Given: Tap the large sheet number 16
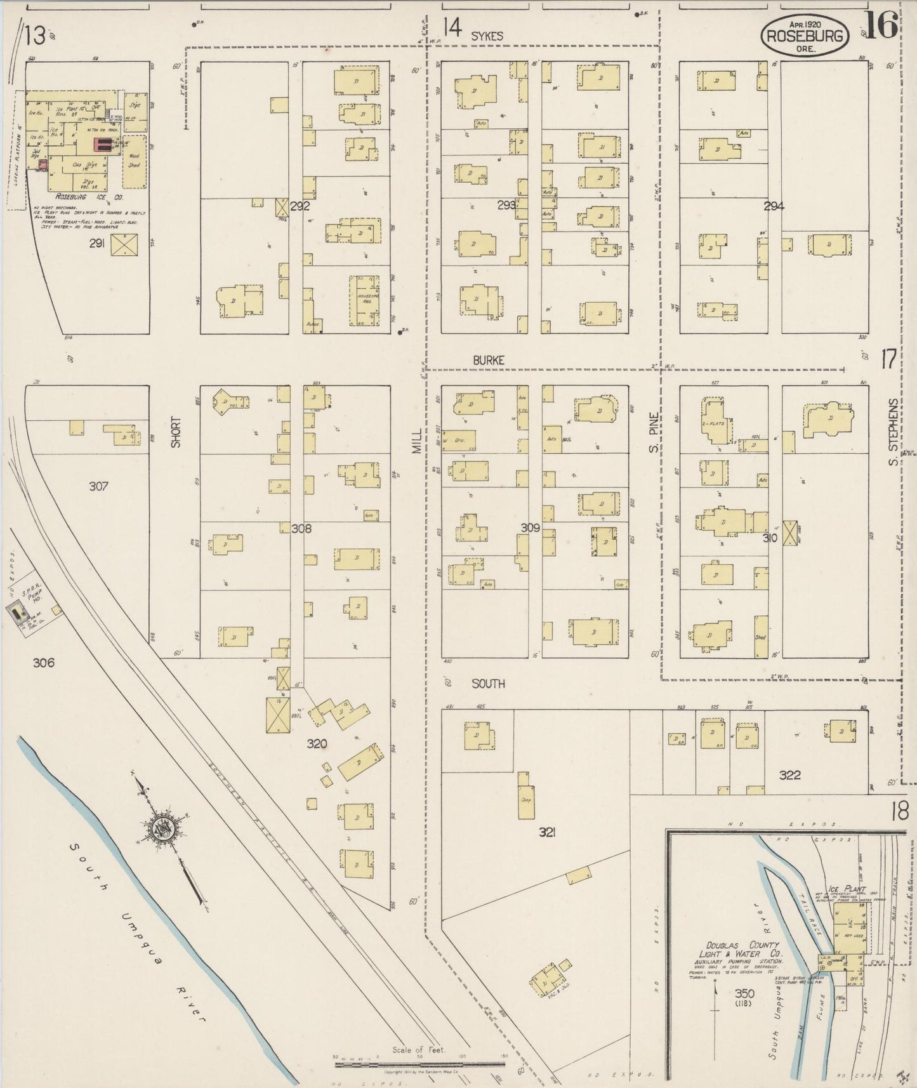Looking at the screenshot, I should tap(882, 25).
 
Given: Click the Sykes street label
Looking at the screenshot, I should tap(487, 36).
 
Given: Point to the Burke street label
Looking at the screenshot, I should tap(489, 360).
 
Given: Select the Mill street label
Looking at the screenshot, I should tap(416, 439).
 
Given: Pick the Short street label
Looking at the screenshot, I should tap(176, 432).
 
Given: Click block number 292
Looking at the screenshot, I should tap(300, 206).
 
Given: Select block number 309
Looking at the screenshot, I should tap(530, 527).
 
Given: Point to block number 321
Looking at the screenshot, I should tap(548, 832).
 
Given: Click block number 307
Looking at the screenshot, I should tap(98, 487).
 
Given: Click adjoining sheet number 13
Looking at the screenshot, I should tap(34, 36).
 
